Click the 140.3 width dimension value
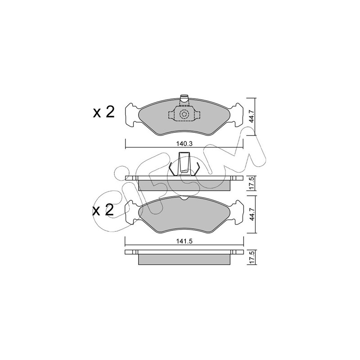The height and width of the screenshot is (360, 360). (184, 144)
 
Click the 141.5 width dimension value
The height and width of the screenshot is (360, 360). (184, 241)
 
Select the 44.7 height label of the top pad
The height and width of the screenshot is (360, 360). (252, 116)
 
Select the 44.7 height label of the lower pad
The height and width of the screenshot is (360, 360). (252, 215)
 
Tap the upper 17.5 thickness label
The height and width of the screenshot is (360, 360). (252, 183)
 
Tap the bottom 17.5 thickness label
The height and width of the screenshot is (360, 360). (252, 257)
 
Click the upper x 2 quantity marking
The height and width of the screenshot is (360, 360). (103, 112)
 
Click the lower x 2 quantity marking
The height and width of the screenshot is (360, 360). (103, 210)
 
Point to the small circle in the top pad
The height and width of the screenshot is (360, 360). (184, 114)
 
